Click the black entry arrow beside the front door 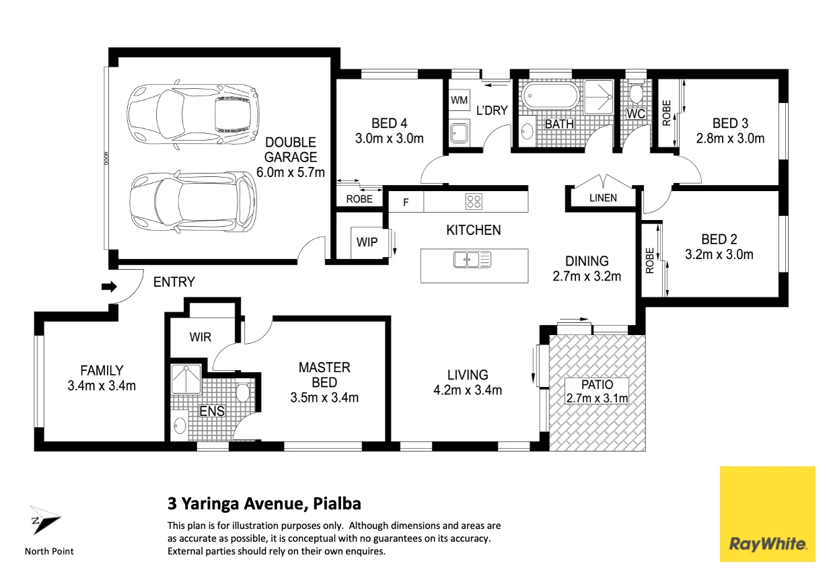[109, 287]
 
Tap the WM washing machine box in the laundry [460, 100]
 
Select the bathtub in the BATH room [550, 96]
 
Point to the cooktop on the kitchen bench [474, 202]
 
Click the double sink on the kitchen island [472, 260]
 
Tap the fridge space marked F [406, 202]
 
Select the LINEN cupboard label [603, 198]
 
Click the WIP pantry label [367, 242]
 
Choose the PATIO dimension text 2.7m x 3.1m [597, 398]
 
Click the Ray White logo [767, 514]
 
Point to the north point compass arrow [45, 519]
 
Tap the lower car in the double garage [193, 202]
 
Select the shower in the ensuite [186, 380]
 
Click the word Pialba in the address [336, 504]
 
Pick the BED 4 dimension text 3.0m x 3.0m [390, 139]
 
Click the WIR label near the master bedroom [201, 337]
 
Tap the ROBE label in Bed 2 [650, 260]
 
